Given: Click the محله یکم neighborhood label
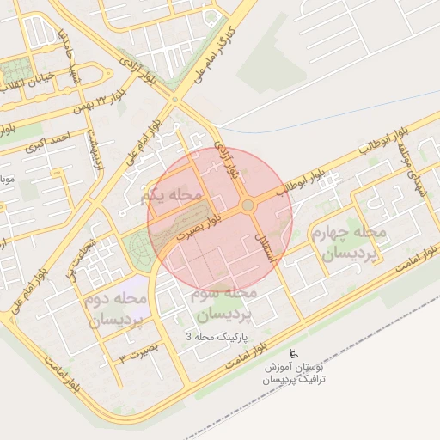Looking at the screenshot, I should point(171,197).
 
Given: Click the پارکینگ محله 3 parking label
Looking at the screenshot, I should point(217,338).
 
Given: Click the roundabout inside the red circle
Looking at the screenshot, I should point(247,205).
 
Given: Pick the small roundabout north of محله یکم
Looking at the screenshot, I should point(175,100).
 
